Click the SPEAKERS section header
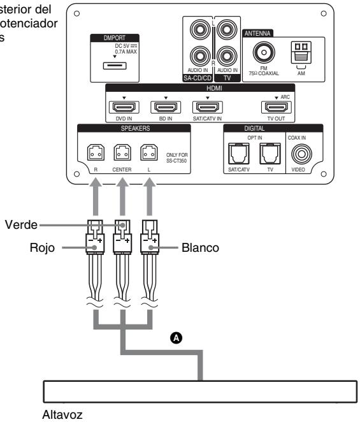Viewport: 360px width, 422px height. coord(134,128)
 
